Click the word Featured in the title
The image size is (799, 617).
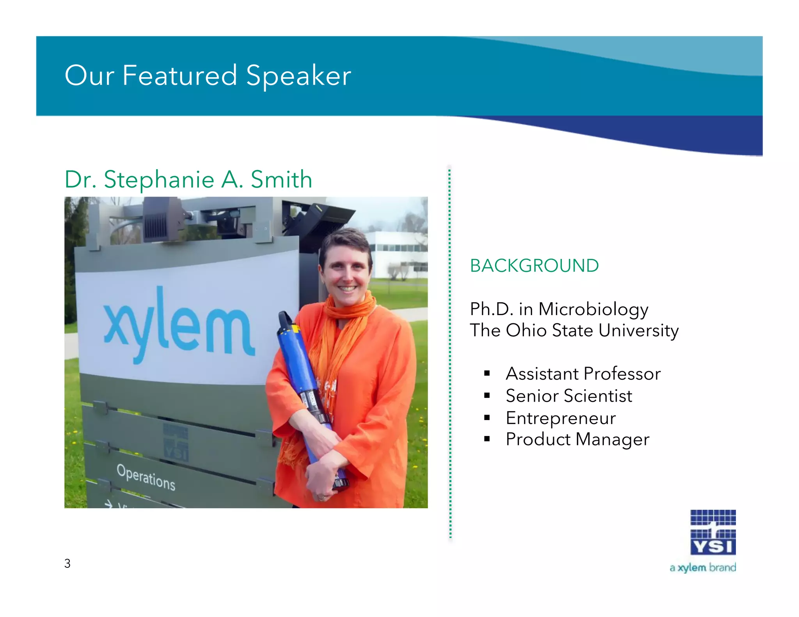(179, 75)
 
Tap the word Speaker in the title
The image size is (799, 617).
(298, 76)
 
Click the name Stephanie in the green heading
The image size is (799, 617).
(159, 180)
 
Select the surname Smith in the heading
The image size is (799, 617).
(281, 180)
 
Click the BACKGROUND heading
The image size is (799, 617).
(534, 266)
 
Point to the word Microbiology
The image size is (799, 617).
(593, 310)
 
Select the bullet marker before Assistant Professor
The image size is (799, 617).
(487, 374)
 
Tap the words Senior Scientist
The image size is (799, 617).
(568, 396)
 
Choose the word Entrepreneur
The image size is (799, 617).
(561, 418)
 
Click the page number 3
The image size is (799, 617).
(67, 563)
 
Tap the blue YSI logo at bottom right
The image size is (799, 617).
(713, 532)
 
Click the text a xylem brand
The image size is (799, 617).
(702, 567)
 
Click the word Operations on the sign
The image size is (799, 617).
(146, 477)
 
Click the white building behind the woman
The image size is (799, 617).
(398, 254)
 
